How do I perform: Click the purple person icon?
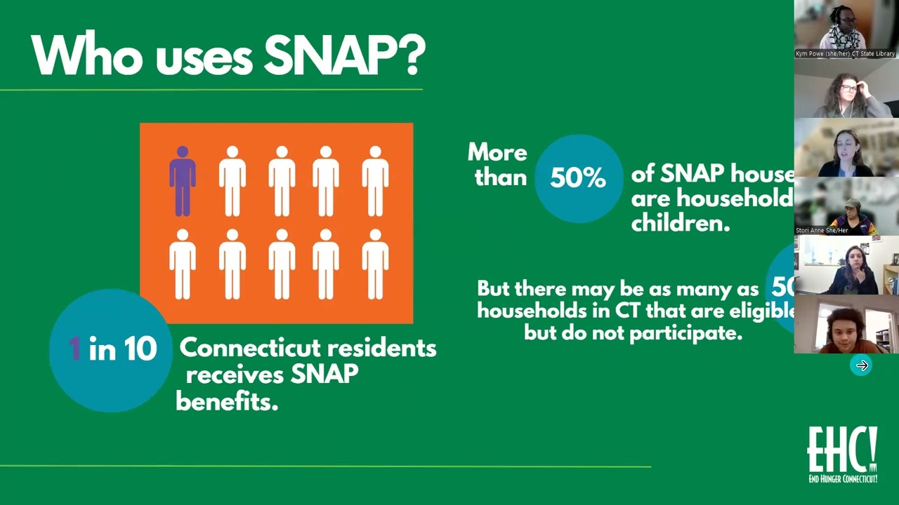183,181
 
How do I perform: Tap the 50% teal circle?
578,178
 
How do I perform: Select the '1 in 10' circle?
111,349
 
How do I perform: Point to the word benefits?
227,401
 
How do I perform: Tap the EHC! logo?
842,454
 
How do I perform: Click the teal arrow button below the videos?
862,365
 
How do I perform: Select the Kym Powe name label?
845,53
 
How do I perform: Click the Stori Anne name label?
822,230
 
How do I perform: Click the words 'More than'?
498,165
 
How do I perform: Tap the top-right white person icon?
375,181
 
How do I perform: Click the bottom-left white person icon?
183,264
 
